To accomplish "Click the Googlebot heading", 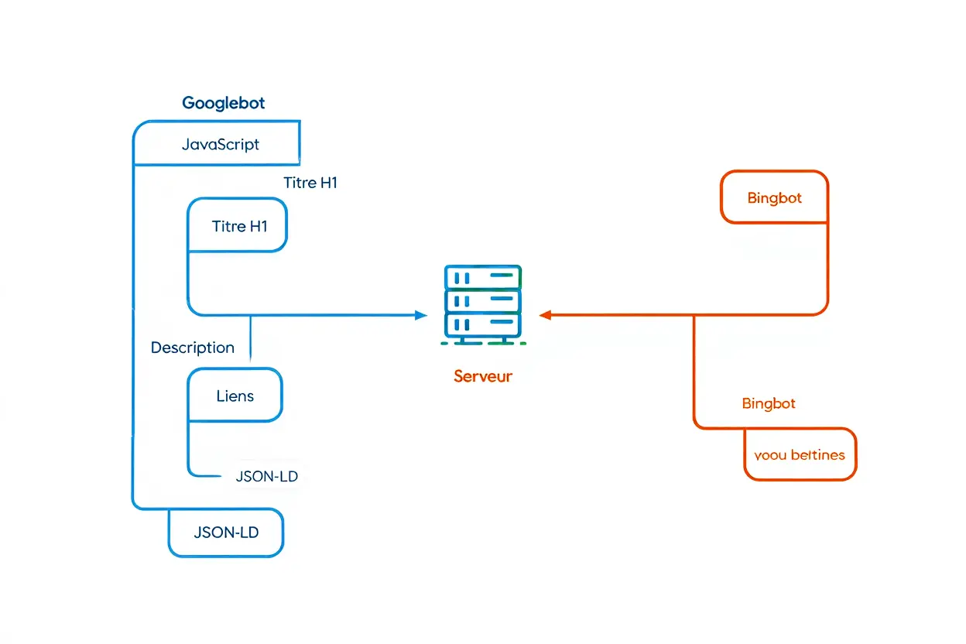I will pos(224,103).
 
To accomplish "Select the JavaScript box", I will pos(220,144).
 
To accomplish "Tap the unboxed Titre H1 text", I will pos(310,183).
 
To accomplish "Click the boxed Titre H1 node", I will pos(238,226).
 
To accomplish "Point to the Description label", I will pos(192,348).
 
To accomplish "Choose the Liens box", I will pos(235,396).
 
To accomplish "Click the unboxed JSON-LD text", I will pos(266,477).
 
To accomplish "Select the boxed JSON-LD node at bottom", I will pos(226,533).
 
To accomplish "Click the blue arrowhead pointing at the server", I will pos(421,315).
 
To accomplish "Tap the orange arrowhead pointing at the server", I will pos(545,315).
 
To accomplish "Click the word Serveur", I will pos(483,377).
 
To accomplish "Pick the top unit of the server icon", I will pos(483,276).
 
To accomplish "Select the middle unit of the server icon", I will pos(483,300).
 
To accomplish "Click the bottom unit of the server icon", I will pos(483,324).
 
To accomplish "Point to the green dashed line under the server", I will pos(483,342).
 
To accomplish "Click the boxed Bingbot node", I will pos(774,198).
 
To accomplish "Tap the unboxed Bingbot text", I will pos(769,403).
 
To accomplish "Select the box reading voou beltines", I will pos(800,455).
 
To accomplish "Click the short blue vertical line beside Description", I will pos(251,337).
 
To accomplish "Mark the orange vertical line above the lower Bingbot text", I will pos(694,364).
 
